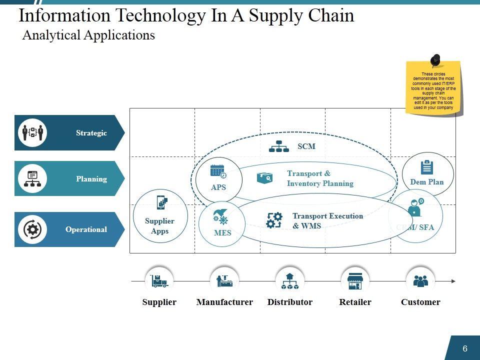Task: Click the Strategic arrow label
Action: click(x=91, y=133)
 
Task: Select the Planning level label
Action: click(x=91, y=179)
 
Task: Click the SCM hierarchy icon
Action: click(x=279, y=146)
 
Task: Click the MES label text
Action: click(x=222, y=233)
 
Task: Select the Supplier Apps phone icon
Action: click(x=161, y=203)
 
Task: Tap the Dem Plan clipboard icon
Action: click(x=427, y=166)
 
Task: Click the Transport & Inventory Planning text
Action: click(x=320, y=178)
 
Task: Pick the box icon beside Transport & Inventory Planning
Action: click(x=264, y=177)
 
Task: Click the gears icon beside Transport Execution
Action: click(x=274, y=220)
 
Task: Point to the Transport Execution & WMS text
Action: click(x=327, y=220)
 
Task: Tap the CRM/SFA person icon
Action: click(x=415, y=207)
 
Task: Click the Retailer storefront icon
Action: click(x=355, y=281)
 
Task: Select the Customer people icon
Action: click(x=420, y=281)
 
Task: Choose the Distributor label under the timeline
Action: click(x=290, y=302)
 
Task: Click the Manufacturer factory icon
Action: click(x=224, y=281)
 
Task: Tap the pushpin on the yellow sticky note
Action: click(x=435, y=60)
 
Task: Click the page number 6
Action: click(x=465, y=348)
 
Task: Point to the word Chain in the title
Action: click(x=330, y=15)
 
